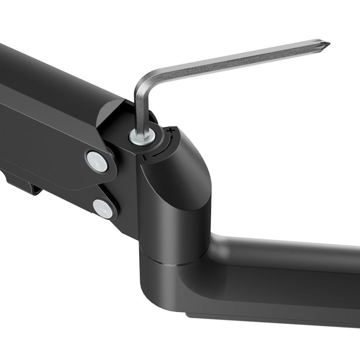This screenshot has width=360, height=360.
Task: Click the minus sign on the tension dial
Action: point(144,157)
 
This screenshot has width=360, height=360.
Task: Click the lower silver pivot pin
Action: point(103,208)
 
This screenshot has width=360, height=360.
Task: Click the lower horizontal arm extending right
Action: point(288,271)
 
